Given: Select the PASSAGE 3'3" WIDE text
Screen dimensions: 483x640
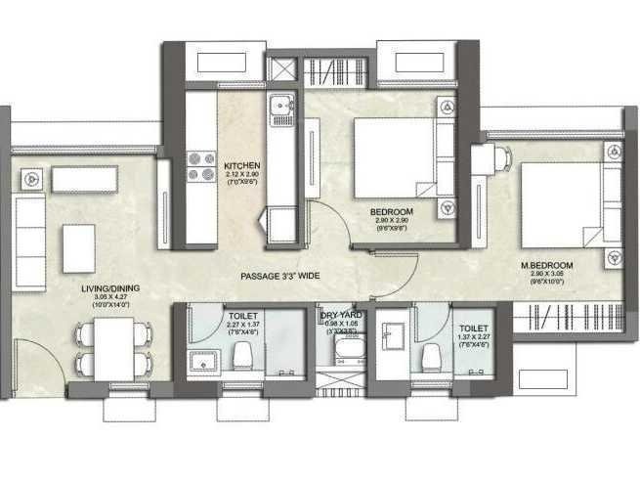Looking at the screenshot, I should click(x=280, y=277).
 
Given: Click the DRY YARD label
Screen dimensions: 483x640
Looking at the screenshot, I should click(x=341, y=315).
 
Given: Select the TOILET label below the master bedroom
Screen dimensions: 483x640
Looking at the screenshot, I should click(x=473, y=317).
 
